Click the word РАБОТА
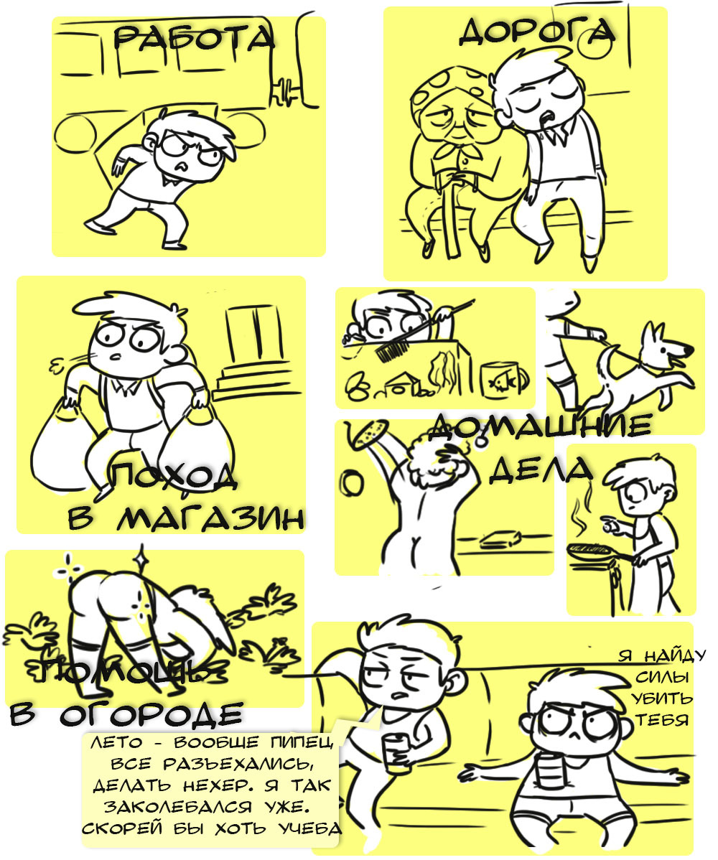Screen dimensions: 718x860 [x=193, y=38]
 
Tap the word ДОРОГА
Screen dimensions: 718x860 [x=536, y=32]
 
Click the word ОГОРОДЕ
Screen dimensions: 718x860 [x=151, y=714]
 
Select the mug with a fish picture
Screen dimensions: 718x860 [x=504, y=378]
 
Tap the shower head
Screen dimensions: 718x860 [x=369, y=431]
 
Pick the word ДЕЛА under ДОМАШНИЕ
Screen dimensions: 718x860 [x=540, y=469]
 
